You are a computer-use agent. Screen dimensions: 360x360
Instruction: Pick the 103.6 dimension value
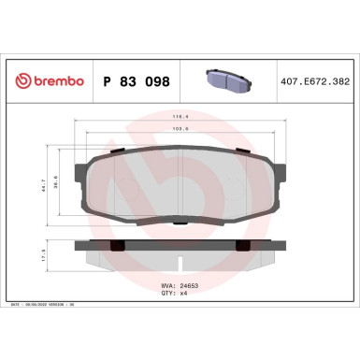pyautogui.click(x=180, y=132)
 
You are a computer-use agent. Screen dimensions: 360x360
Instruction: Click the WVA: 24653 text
pyautogui.click(x=180, y=305)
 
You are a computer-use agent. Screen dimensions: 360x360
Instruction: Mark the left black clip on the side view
pyautogui.click(x=117, y=245)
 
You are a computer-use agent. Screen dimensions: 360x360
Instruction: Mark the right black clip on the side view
pyautogui.click(x=242, y=245)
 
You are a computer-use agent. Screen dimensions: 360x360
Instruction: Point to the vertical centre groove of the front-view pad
pyautogui.click(x=180, y=187)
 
